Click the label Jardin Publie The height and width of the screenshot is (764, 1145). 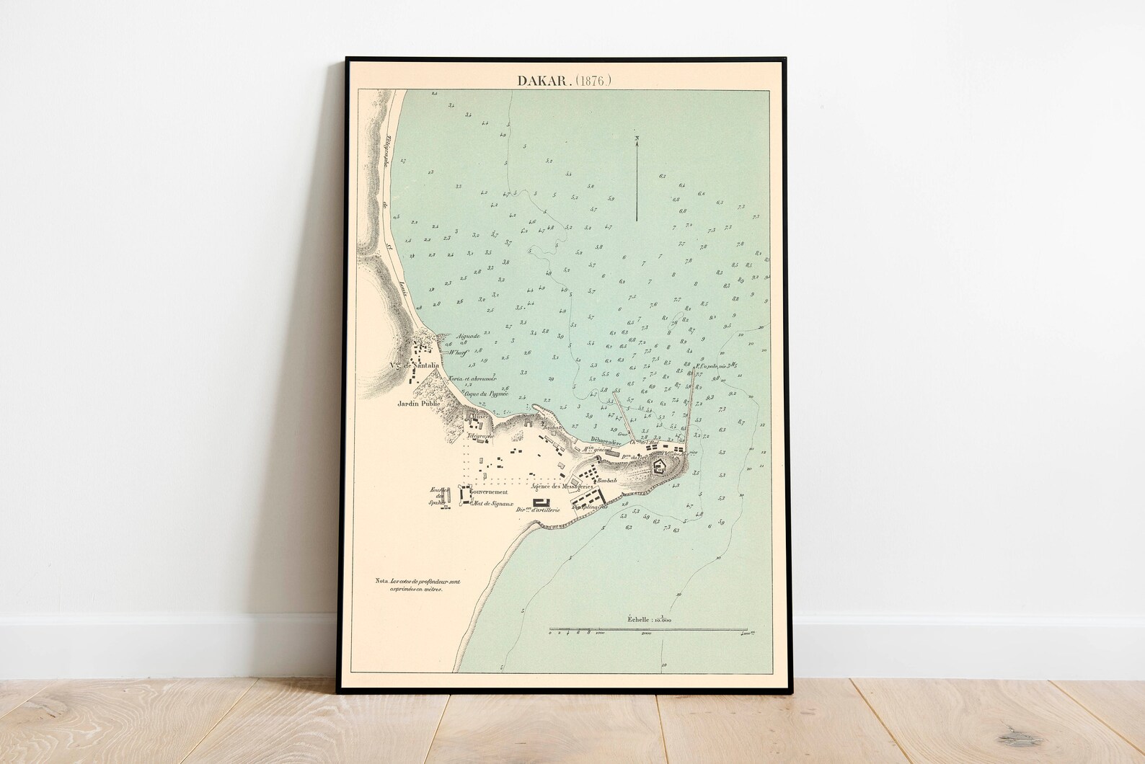[418, 404]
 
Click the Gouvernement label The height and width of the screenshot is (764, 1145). [491, 492]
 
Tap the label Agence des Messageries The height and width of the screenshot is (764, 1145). [561, 487]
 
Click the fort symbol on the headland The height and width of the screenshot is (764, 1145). [659, 467]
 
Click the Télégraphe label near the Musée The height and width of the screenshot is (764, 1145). [480, 437]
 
